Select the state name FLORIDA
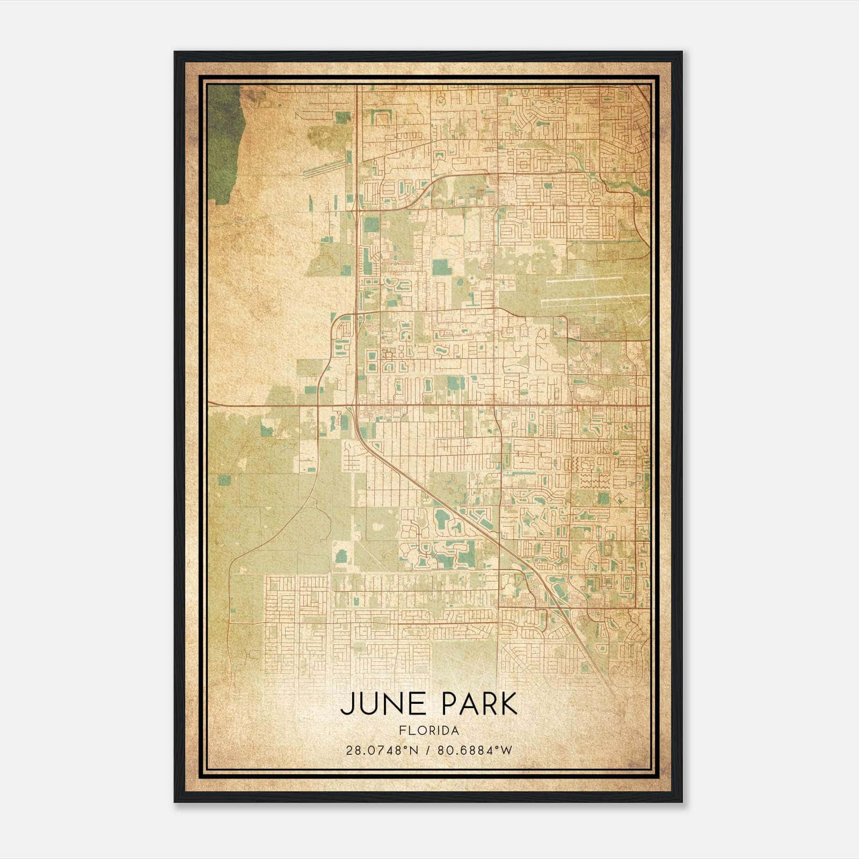429,731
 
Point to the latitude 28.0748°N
382,750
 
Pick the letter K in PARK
509,704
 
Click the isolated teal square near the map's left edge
224,480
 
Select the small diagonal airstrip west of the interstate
322,166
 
